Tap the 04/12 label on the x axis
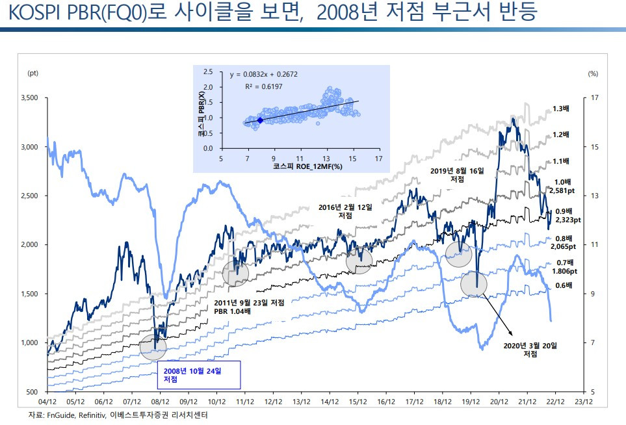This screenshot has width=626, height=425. tap(47, 402)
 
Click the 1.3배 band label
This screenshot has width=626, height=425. tap(561, 109)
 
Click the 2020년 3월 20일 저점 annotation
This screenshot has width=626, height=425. tap(530, 349)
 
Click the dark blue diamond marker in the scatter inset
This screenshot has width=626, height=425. tap(260, 120)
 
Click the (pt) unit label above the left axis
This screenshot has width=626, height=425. tap(33, 73)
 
